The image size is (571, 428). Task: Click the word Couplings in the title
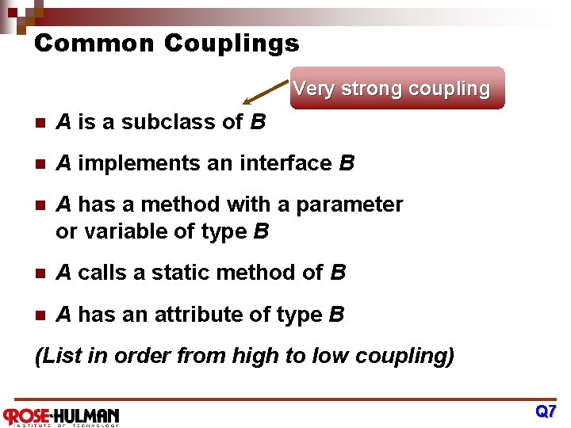click(x=232, y=43)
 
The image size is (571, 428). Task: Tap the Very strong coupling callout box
click(x=391, y=88)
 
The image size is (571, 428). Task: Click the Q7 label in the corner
click(x=546, y=411)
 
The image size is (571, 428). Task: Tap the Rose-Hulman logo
click(x=62, y=415)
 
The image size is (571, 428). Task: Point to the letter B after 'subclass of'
click(x=257, y=122)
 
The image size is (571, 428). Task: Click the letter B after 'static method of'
click(x=338, y=273)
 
